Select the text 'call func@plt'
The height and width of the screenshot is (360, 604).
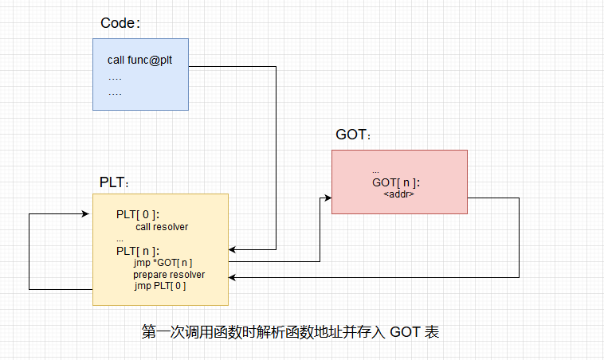(140, 61)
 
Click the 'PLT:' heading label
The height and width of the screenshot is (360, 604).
(114, 182)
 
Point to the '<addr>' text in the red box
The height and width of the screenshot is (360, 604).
(398, 194)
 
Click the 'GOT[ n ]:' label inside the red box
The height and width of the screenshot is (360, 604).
(396, 183)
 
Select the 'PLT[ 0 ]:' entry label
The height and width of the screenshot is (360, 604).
(138, 214)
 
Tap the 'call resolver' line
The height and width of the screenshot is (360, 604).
(162, 226)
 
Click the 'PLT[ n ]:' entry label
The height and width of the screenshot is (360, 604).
(138, 251)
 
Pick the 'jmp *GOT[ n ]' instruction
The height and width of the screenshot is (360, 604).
(163, 263)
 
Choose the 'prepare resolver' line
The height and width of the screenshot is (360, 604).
(169, 275)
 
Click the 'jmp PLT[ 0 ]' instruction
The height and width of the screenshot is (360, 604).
(160, 286)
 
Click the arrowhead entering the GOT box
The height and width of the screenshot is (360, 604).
(327, 198)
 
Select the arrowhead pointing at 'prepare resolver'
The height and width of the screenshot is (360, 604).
(233, 277)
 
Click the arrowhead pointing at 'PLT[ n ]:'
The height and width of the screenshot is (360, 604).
(233, 248)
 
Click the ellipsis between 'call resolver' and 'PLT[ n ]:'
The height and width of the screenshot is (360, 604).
(120, 239)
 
